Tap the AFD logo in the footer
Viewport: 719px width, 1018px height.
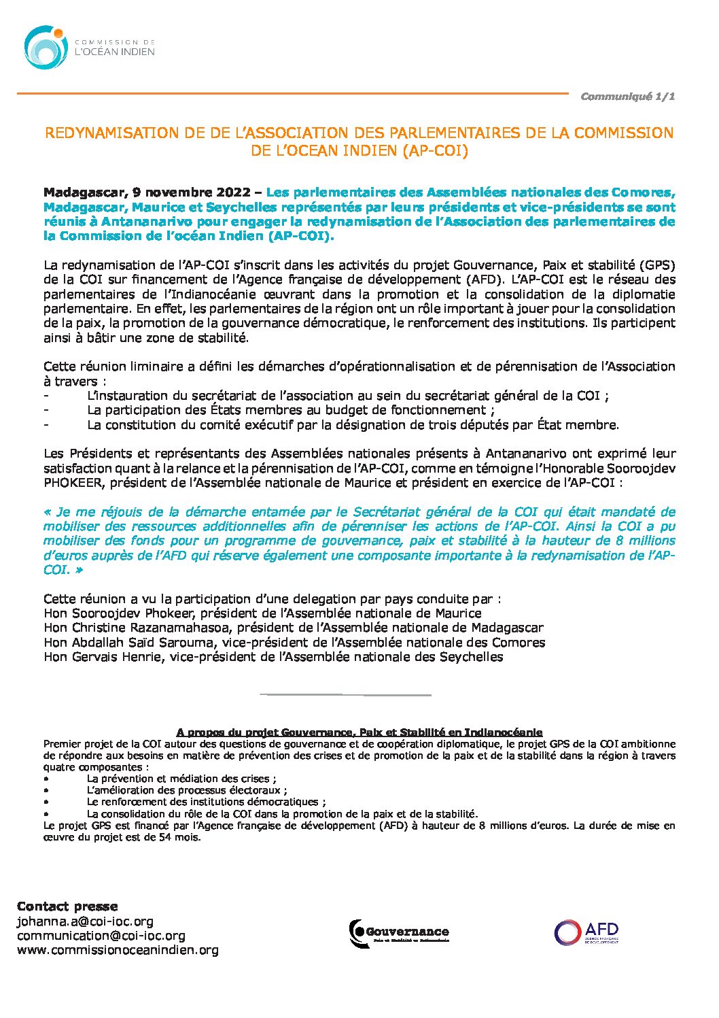pos(586,932)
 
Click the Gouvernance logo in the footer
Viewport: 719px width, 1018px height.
pos(399,932)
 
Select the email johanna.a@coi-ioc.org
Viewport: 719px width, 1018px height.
pos(85,921)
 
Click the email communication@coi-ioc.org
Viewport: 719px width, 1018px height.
pos(101,936)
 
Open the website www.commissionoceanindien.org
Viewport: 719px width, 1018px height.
pos(118,950)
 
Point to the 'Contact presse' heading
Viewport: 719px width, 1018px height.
pos(67,906)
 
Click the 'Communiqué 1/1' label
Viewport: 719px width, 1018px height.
pos(627,97)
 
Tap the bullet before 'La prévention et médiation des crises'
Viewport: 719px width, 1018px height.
pos(46,779)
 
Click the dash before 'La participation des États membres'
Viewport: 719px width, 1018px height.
pos(46,410)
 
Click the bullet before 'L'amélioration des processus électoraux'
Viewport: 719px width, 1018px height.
pos(46,791)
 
